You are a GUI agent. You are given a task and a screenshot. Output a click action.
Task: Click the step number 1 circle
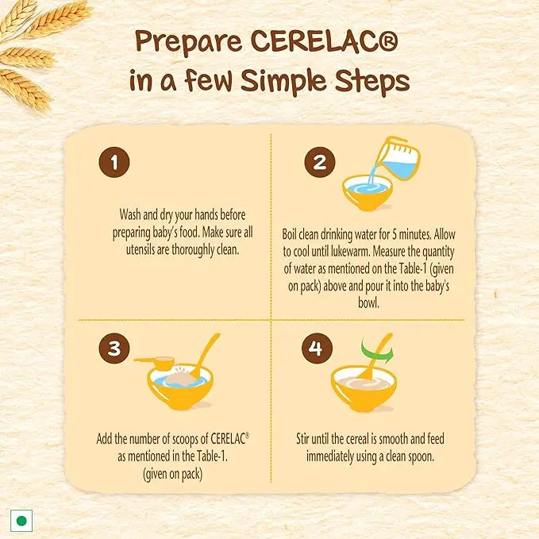point(114,164)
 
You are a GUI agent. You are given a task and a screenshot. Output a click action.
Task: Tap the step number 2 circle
point(319,164)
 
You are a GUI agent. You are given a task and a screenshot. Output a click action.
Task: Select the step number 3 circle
point(114,349)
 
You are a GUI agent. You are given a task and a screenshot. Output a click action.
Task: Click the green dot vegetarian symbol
point(22,521)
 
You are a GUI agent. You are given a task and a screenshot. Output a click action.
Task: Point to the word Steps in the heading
point(371,81)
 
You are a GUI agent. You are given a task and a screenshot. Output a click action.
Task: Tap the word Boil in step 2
point(291,234)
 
